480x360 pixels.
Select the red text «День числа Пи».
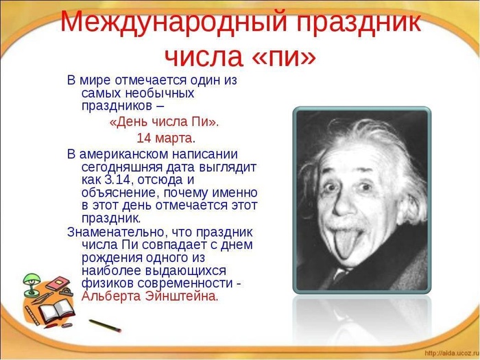165,122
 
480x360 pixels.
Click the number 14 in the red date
144,138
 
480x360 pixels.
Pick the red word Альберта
110,296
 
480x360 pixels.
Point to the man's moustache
350,221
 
